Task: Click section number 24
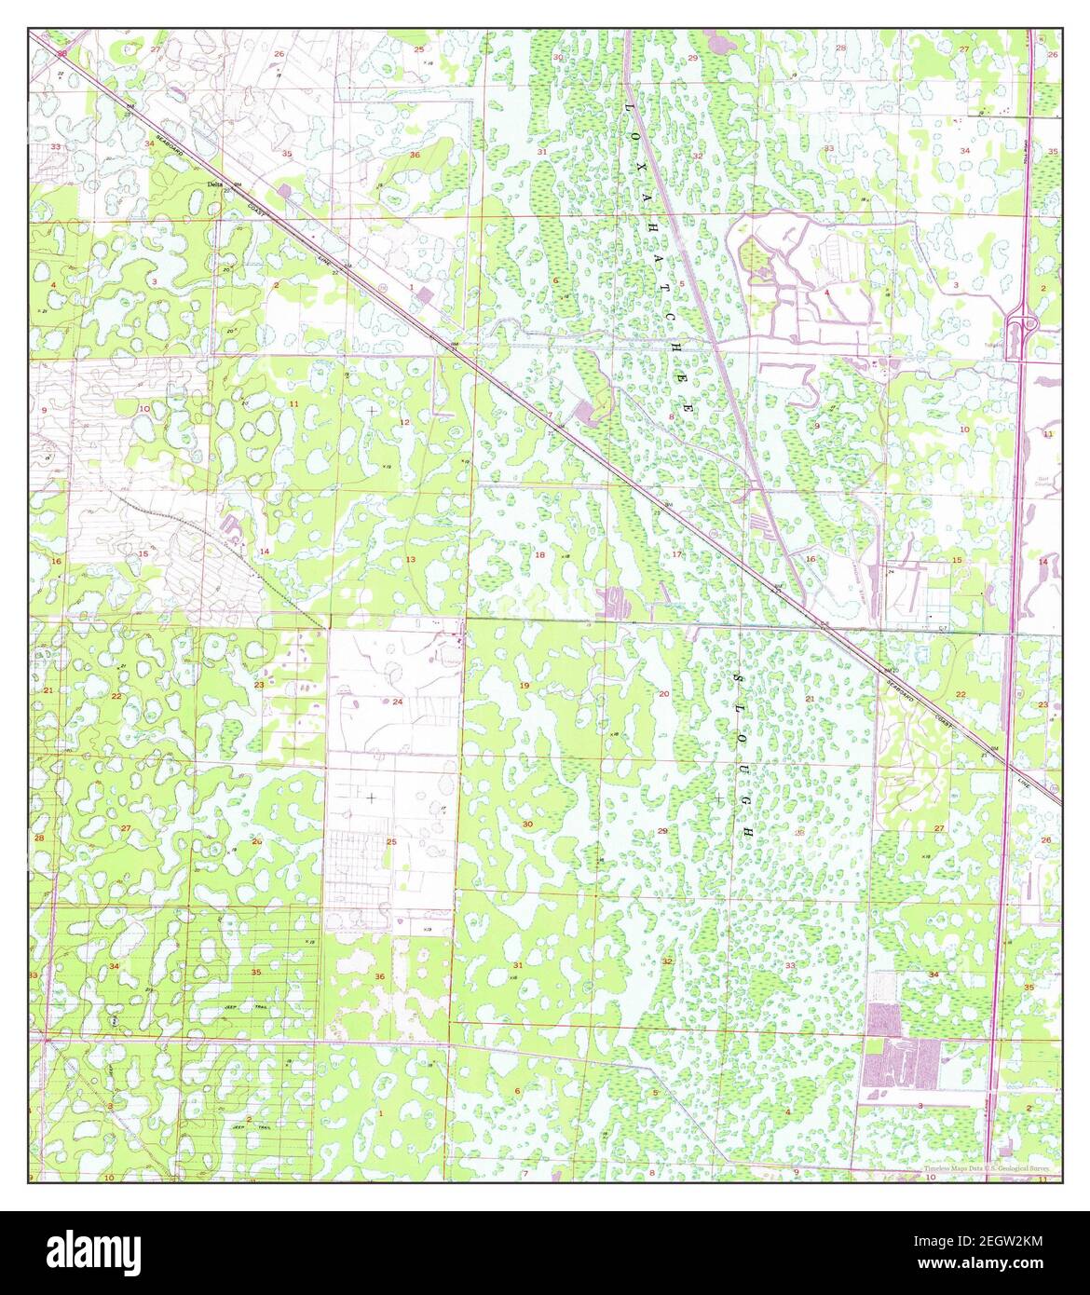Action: (397, 701)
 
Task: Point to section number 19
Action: (524, 686)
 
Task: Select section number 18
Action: (538, 555)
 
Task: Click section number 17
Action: (676, 555)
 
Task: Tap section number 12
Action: (404, 423)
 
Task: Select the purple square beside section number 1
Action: (426, 295)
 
